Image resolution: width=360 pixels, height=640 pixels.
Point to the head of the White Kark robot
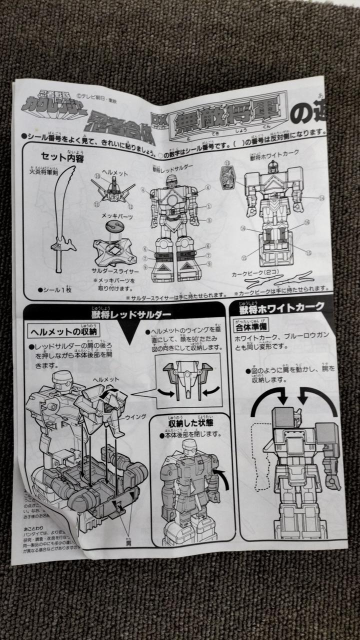(x=272, y=167)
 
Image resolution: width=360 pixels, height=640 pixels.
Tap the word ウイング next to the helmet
(x=135, y=416)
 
